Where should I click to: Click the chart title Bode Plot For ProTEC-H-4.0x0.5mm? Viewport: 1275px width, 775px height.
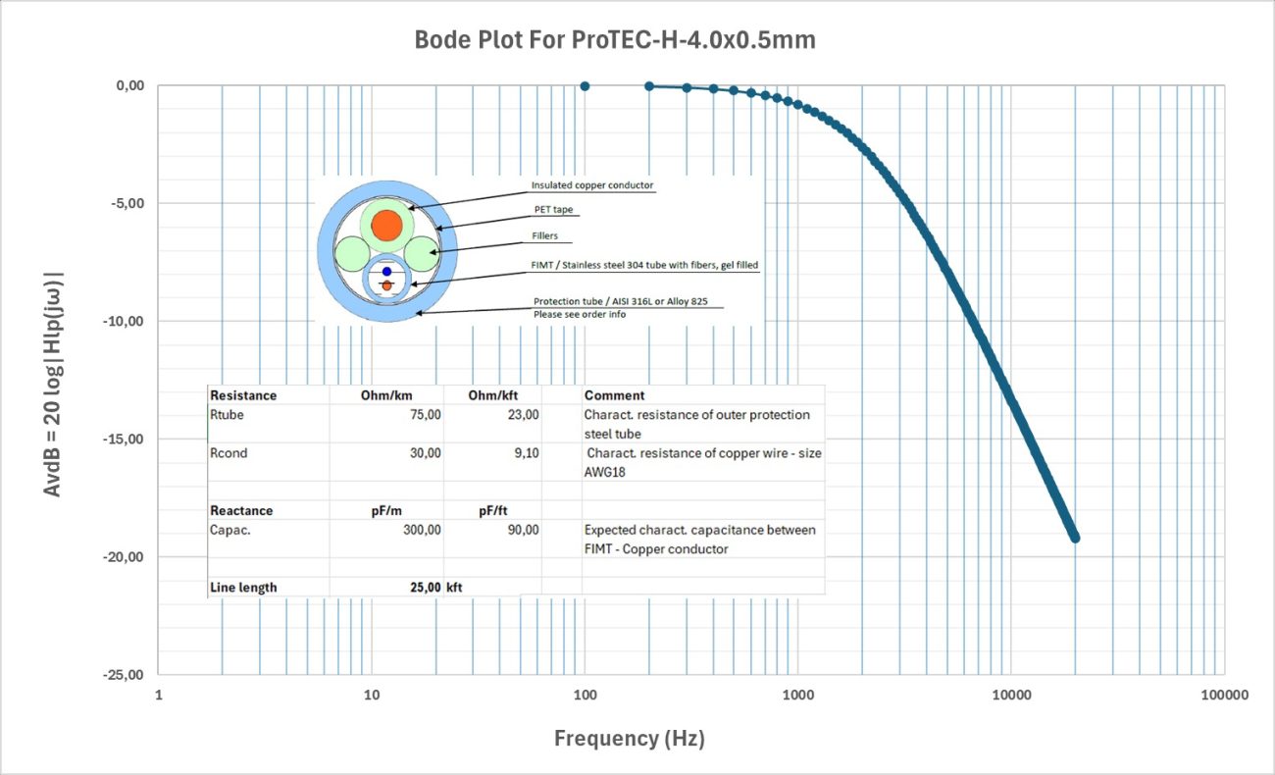point(615,40)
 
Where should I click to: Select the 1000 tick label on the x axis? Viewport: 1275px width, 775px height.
point(798,696)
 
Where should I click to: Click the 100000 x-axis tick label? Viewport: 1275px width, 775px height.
point(1224,696)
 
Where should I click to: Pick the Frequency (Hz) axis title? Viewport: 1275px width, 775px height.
point(630,739)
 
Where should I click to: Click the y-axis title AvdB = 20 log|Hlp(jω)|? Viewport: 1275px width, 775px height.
point(55,380)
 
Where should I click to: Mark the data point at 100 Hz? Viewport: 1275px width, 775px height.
point(586,86)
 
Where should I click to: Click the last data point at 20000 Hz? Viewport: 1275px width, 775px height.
point(1075,538)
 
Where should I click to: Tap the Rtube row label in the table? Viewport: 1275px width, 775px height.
point(227,415)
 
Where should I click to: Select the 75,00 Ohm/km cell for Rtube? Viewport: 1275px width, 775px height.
point(425,415)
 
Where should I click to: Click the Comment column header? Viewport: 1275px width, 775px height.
point(614,395)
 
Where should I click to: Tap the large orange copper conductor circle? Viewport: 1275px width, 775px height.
point(387,225)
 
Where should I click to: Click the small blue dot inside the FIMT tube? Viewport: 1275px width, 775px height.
point(386,271)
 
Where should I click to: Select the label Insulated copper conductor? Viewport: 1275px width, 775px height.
point(592,185)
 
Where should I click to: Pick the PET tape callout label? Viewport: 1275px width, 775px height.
point(555,210)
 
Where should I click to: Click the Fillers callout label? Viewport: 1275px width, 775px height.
point(547,235)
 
